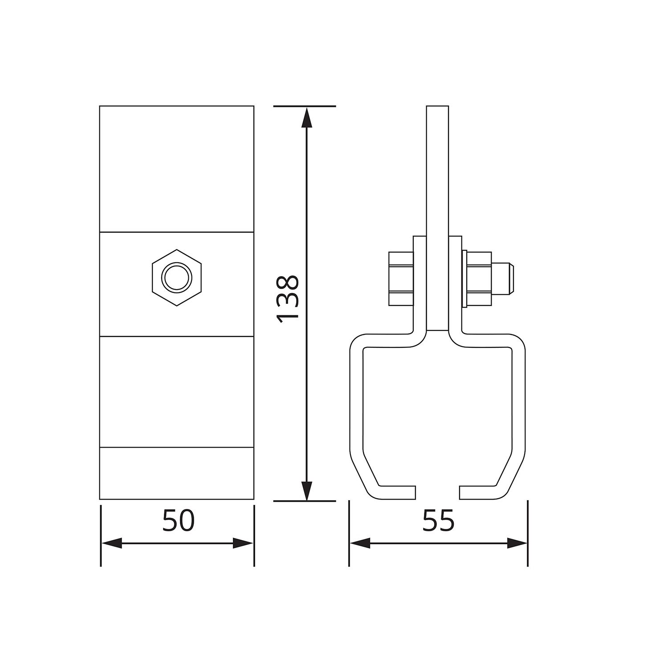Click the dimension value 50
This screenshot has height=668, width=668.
(178, 521)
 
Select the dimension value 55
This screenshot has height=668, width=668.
(438, 521)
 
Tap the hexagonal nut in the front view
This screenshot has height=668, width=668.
(177, 277)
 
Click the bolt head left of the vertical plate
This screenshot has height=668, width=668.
(401, 279)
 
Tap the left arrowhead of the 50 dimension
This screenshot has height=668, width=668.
(112, 543)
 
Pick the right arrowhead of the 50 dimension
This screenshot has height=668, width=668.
(243, 543)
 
